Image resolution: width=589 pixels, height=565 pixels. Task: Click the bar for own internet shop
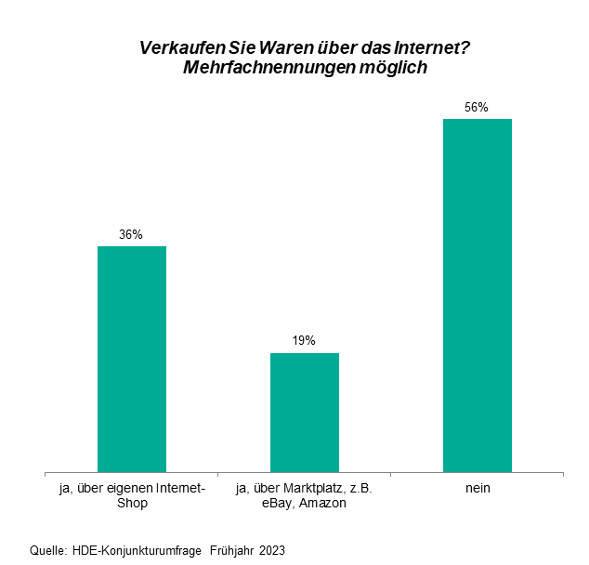(131, 359)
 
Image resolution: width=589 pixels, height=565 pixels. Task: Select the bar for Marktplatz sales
(304, 413)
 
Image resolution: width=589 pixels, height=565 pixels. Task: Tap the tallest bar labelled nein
(477, 296)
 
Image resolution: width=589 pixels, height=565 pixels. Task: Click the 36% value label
(131, 235)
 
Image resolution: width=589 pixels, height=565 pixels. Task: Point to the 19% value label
(304, 341)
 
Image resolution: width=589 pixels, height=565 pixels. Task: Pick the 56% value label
(477, 108)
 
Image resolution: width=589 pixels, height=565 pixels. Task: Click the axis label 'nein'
(478, 488)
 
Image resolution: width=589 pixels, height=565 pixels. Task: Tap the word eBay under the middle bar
(278, 504)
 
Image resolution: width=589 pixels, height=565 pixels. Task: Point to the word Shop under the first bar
(131, 504)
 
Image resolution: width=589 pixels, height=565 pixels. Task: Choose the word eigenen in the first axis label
(134, 488)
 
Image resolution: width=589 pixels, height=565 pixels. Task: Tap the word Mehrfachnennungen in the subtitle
(268, 68)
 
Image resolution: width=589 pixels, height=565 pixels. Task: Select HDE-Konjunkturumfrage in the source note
(137, 550)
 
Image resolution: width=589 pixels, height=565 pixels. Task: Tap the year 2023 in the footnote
(273, 550)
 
